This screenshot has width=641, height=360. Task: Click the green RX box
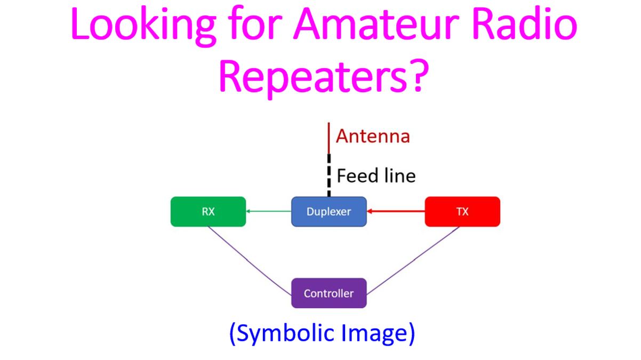click(x=209, y=212)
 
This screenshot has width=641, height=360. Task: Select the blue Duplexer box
click(x=329, y=212)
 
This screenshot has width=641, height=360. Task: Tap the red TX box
click(x=462, y=212)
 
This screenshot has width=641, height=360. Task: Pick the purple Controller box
click(x=329, y=293)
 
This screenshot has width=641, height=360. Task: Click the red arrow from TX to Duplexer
click(x=396, y=212)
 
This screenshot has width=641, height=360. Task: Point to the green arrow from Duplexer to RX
click(x=269, y=212)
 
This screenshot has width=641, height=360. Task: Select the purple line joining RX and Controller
click(x=250, y=261)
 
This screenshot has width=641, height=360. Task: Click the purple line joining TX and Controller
click(x=413, y=260)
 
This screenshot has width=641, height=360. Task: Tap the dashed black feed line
click(x=329, y=175)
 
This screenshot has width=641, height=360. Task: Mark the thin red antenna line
click(x=329, y=138)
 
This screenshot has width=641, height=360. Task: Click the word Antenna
click(x=373, y=136)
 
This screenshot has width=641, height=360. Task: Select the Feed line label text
click(x=376, y=175)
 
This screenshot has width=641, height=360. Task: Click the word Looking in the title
click(x=143, y=25)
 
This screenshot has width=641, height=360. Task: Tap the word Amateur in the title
click(x=376, y=24)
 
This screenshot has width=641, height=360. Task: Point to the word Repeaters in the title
click(x=313, y=77)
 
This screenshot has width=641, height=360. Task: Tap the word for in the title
click(x=255, y=23)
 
